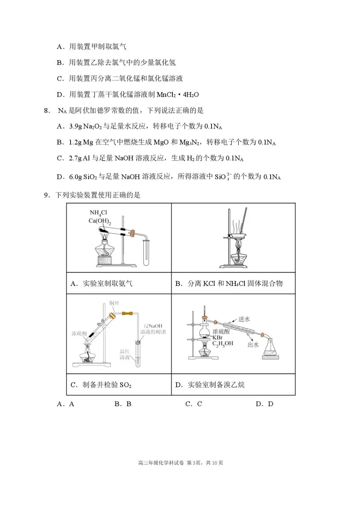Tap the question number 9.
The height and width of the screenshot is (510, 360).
(x=47, y=195)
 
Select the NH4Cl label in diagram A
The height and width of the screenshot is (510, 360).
(x=98, y=213)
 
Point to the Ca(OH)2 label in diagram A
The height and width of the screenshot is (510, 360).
(x=99, y=221)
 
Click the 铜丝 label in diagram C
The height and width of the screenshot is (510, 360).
(x=114, y=303)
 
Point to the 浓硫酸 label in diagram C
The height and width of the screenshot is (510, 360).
(x=79, y=334)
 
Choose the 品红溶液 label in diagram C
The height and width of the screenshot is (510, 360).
(x=125, y=355)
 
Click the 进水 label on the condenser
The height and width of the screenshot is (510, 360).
(x=244, y=319)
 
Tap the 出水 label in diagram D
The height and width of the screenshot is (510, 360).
(x=253, y=345)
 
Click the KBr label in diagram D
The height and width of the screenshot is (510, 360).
(x=218, y=337)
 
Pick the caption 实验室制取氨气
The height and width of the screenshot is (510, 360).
(x=107, y=284)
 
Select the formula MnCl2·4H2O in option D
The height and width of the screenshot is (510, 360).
(x=177, y=95)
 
